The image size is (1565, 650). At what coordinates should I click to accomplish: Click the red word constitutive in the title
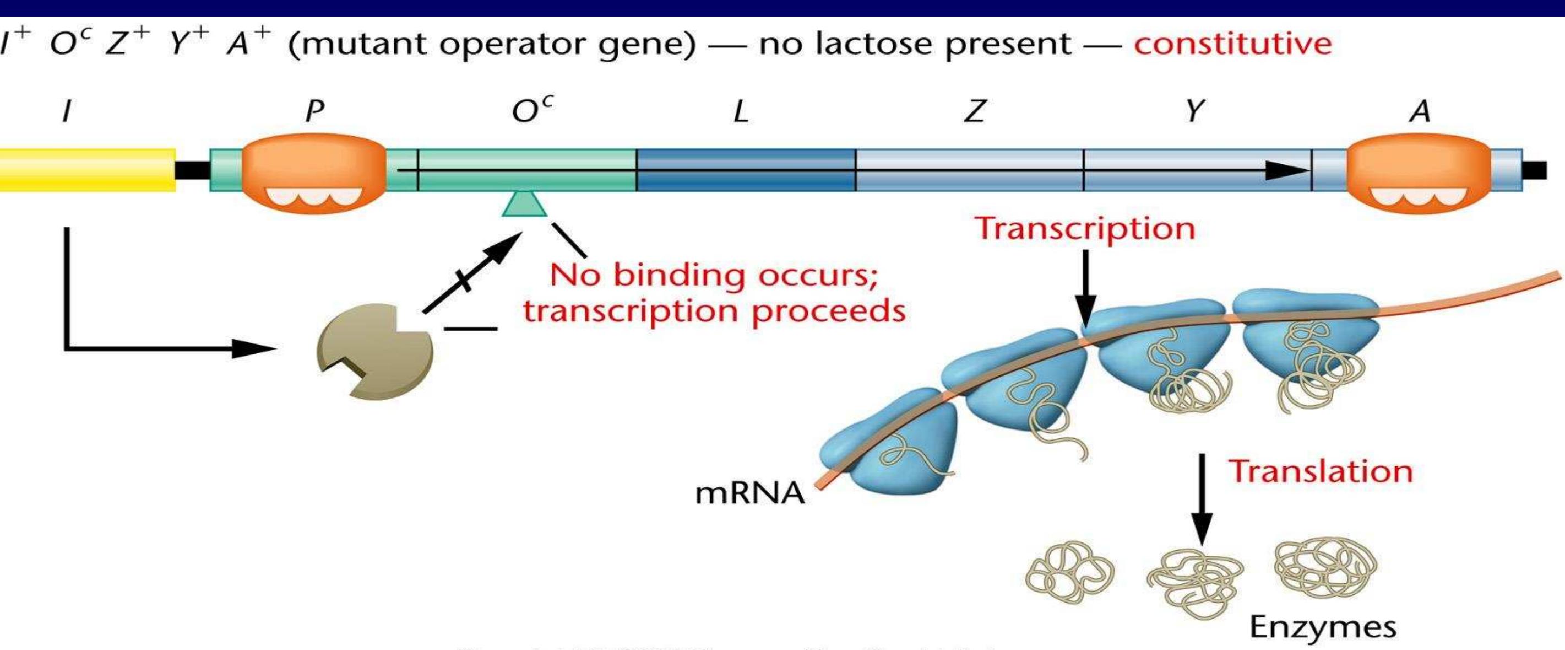coord(1232,44)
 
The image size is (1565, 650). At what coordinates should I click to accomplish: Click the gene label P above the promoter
coord(314,111)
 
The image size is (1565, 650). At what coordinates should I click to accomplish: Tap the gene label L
coord(741,111)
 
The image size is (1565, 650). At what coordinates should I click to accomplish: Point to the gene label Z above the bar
coord(975,111)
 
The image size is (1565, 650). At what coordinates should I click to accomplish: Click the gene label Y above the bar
coord(1194,111)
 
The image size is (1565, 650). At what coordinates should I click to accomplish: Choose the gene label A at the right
coord(1420,111)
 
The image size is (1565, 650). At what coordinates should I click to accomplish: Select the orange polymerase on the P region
coord(313,173)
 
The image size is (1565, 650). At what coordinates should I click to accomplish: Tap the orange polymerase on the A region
coord(1419,173)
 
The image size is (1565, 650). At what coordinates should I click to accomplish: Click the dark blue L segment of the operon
coord(746,170)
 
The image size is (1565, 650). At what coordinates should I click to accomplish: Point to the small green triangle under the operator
coord(524,205)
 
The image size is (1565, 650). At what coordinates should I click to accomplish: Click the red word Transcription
coord(1085,229)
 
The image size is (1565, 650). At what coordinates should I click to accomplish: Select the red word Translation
coord(1321,471)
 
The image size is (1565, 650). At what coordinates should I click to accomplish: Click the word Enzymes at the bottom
coord(1323,627)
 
